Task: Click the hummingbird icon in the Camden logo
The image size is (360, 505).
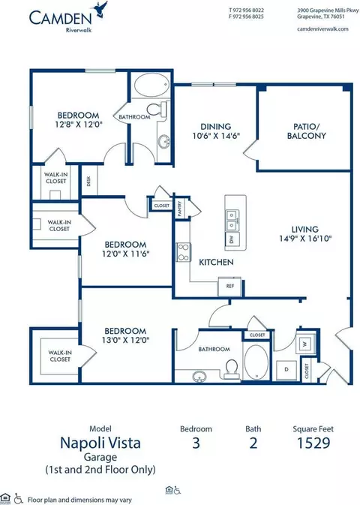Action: click(100, 9)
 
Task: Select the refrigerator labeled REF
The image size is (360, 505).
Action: click(229, 286)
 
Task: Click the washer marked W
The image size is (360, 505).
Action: click(304, 344)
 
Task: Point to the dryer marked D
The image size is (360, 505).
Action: click(286, 370)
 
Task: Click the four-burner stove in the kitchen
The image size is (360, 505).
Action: click(184, 252)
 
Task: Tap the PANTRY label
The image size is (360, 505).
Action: click(180, 208)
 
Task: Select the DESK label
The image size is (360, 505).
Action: click(88, 181)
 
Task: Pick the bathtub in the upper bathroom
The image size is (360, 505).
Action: click(151, 84)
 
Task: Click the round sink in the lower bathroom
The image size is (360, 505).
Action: click(199, 376)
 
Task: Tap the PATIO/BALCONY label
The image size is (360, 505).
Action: click(306, 131)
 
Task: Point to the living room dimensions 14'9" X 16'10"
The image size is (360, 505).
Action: click(305, 239)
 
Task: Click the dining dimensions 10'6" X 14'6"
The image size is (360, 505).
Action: click(216, 136)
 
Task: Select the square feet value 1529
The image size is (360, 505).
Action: click(313, 443)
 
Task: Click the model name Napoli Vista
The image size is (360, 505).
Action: click(100, 443)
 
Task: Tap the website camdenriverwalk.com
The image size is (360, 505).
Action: click(322, 29)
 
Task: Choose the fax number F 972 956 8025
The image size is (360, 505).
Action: click(246, 17)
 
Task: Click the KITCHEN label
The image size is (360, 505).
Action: click(216, 262)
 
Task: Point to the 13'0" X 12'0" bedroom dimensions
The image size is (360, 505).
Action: click(125, 340)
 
